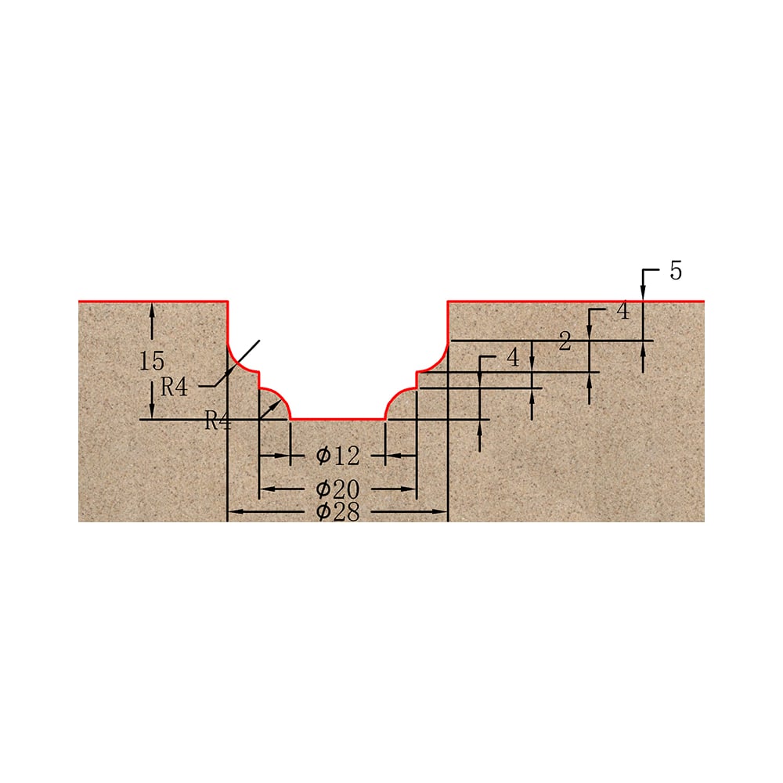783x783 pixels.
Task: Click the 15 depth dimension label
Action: [x=152, y=361]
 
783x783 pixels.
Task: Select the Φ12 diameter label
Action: [x=337, y=456]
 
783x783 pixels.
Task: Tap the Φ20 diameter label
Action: [x=337, y=489]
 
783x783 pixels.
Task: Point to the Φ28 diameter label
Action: [x=337, y=512]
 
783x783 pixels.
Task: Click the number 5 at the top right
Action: [x=676, y=271]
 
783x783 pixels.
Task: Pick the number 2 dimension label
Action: [x=565, y=342]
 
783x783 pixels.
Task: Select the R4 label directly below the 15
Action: [x=174, y=387]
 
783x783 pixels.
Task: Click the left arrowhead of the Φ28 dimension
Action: [x=236, y=511]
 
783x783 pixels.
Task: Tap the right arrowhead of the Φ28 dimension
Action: [x=440, y=511]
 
